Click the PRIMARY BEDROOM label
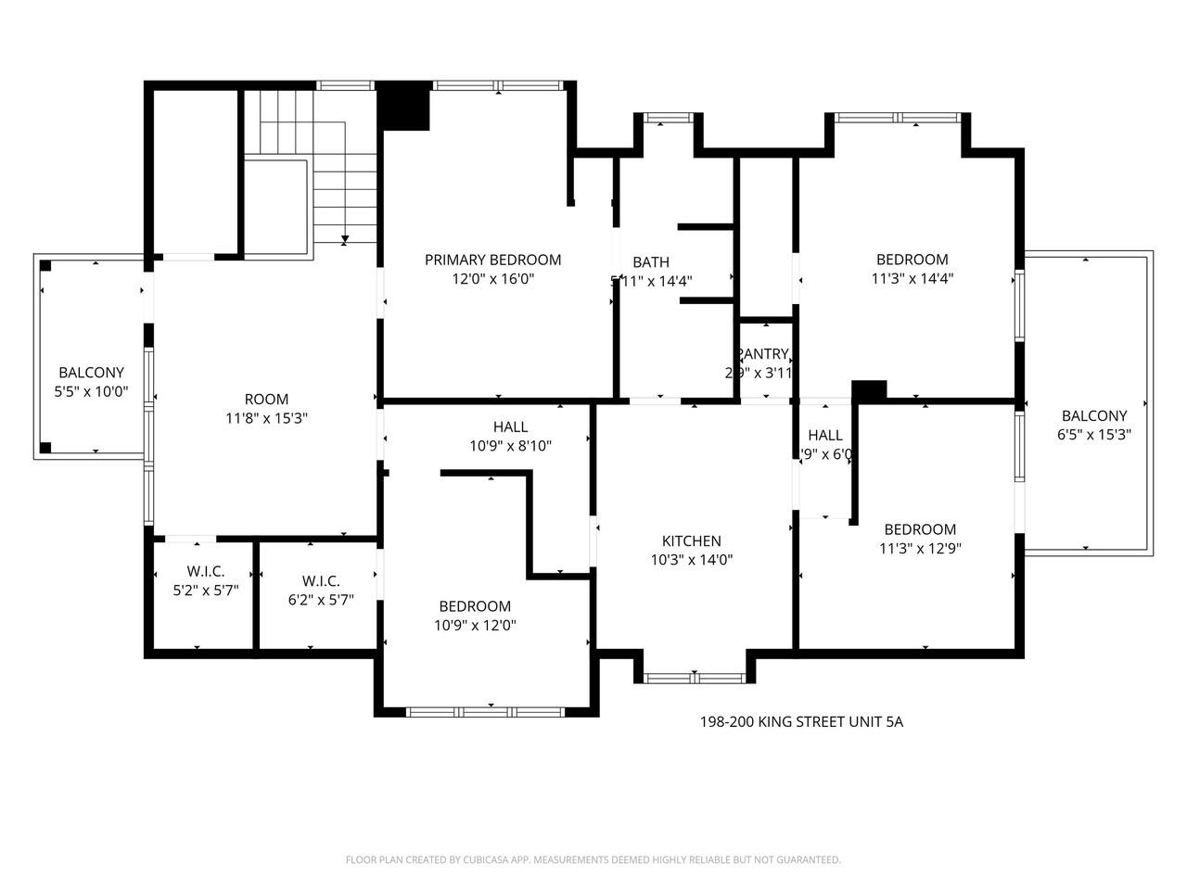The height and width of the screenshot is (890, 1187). [492, 260]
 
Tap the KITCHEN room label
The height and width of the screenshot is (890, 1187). [691, 541]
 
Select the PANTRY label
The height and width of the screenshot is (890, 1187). [762, 354]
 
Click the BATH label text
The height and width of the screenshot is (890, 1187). [651, 262]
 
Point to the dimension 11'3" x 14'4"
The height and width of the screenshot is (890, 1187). [913, 278]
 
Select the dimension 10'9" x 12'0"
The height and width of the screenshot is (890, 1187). [475, 625]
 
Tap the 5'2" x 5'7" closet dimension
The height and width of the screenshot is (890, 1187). [206, 589]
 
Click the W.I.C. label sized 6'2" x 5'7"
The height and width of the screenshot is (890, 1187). [320, 581]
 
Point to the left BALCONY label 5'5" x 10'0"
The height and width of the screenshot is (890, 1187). [91, 373]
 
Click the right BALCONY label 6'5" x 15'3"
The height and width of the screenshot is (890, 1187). [1094, 416]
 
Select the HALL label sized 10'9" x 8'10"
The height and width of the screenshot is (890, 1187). [510, 427]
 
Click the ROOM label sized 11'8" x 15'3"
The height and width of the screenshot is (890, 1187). [266, 400]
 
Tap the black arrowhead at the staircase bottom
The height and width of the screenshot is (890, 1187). [345, 240]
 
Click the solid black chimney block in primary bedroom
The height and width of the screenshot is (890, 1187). [404, 105]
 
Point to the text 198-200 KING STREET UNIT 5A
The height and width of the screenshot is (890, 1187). [800, 721]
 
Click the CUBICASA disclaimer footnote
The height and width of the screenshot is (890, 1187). [593, 859]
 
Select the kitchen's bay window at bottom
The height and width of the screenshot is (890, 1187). [695, 679]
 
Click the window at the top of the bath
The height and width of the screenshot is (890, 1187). [662, 118]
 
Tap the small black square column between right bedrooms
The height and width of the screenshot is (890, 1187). [869, 390]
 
